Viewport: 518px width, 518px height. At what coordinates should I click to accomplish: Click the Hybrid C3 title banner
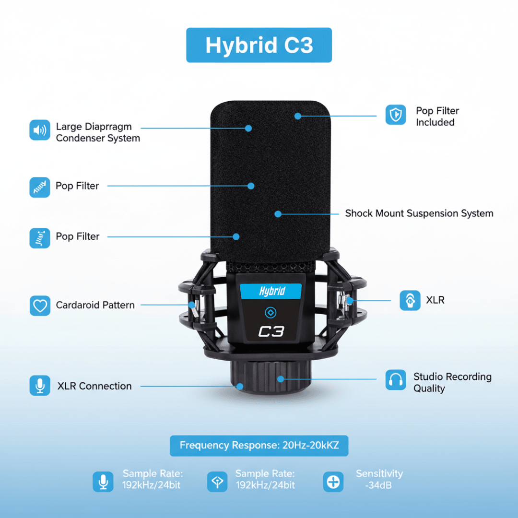pyautogui.click(x=259, y=45)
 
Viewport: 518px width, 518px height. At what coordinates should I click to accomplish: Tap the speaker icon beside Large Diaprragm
pyautogui.click(x=40, y=130)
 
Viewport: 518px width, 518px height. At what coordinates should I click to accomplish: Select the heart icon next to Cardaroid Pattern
pyautogui.click(x=40, y=306)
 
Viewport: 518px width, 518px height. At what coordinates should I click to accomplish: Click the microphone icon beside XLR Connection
pyautogui.click(x=40, y=385)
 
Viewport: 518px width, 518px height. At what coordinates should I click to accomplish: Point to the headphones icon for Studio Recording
pyautogui.click(x=395, y=379)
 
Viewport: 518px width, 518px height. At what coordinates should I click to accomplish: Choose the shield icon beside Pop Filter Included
pyautogui.click(x=395, y=115)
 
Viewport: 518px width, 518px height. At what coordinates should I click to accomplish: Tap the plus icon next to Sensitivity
pyautogui.click(x=333, y=482)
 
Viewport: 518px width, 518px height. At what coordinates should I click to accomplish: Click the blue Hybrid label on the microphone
pyautogui.click(x=271, y=291)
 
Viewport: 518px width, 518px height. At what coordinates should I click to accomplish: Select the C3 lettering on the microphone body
pyautogui.click(x=271, y=331)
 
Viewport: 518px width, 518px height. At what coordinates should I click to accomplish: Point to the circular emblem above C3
pyautogui.click(x=271, y=313)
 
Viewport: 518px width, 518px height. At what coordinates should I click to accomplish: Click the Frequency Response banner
pyautogui.click(x=259, y=445)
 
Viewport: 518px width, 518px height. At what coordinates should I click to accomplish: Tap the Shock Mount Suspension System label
pyautogui.click(x=419, y=213)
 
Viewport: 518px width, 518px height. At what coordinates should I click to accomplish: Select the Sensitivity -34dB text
pyautogui.click(x=379, y=479)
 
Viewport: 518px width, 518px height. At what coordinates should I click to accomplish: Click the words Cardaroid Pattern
pyautogui.click(x=95, y=305)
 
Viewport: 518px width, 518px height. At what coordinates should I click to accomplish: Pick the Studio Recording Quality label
pyautogui.click(x=452, y=382)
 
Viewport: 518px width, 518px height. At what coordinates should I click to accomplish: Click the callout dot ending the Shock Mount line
pyautogui.click(x=278, y=214)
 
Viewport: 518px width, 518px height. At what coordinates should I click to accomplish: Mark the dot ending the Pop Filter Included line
pyautogui.click(x=298, y=116)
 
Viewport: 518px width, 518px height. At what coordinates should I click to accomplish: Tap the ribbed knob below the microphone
pyautogui.click(x=271, y=377)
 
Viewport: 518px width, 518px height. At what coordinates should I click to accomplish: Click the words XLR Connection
pyautogui.click(x=94, y=386)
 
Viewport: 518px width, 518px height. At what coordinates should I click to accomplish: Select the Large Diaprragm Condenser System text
pyautogui.click(x=98, y=132)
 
